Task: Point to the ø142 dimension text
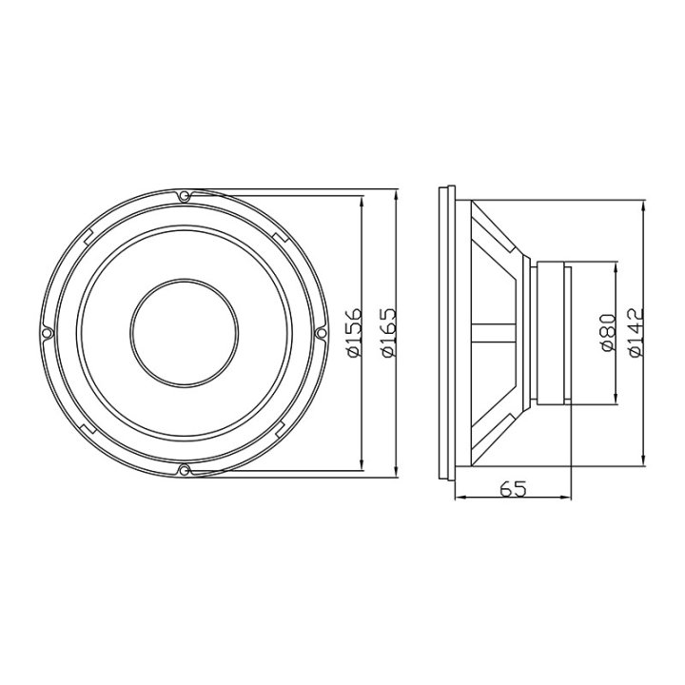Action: [636, 332]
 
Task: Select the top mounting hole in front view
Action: [184, 196]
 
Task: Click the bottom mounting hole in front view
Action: [184, 470]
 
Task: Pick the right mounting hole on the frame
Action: [320, 333]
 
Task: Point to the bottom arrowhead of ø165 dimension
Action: [394, 473]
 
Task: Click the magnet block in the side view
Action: [553, 333]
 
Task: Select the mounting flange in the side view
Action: [443, 333]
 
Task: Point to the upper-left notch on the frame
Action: [88, 233]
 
